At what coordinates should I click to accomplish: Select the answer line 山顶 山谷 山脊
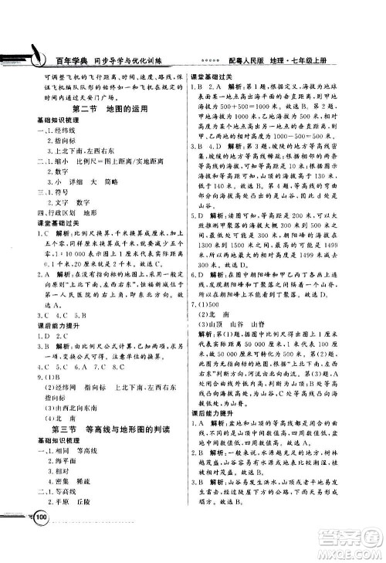coord(241,324)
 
